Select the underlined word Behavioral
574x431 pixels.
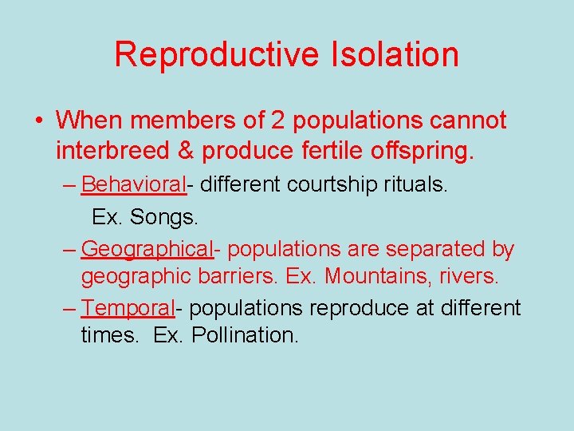pos(133,185)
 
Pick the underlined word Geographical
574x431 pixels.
pos(147,249)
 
